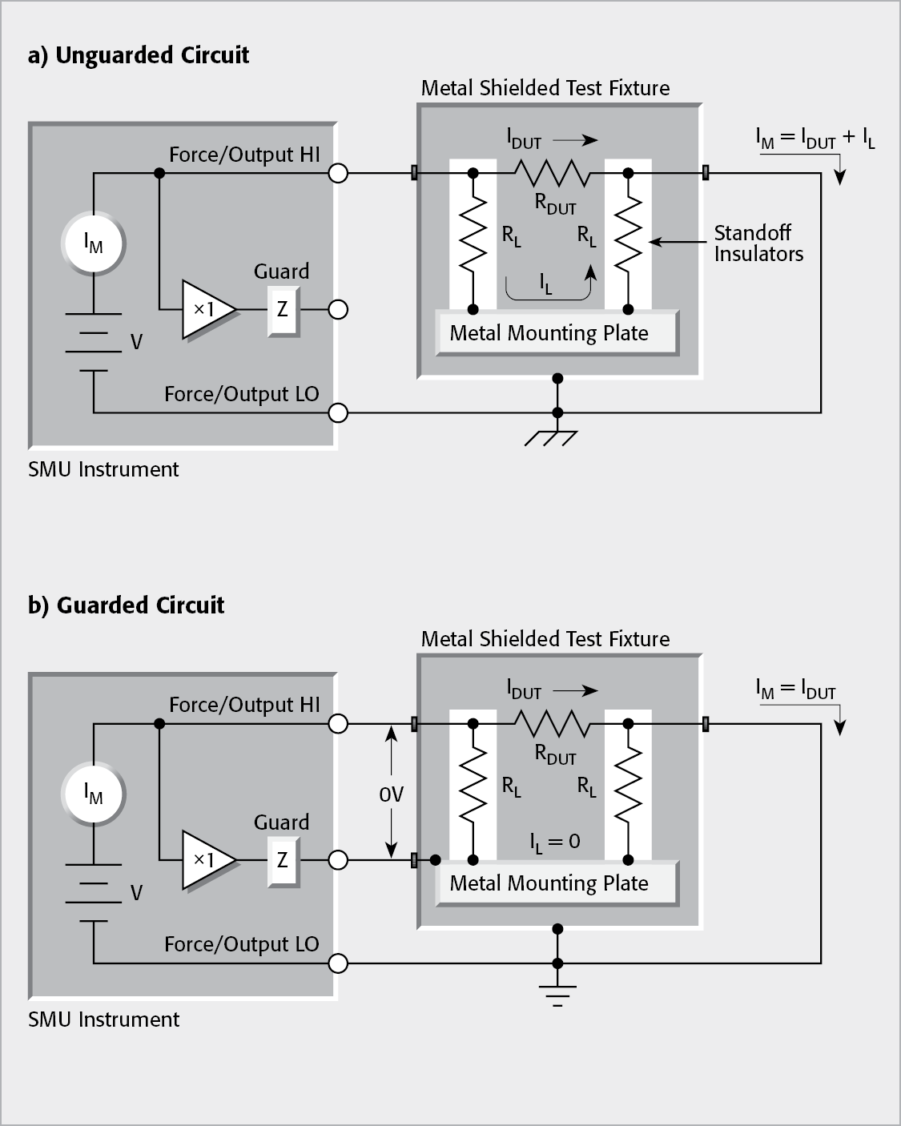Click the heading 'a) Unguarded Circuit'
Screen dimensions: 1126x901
(139, 55)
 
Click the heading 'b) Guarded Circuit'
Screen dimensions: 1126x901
(126, 605)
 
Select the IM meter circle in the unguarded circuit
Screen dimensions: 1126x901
(94, 244)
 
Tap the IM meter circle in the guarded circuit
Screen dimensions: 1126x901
(94, 794)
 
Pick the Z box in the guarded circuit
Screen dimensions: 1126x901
(282, 860)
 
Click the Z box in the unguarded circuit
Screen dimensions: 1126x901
(282, 309)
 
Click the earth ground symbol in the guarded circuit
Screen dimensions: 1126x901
(557, 992)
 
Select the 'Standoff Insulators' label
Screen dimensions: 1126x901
(758, 243)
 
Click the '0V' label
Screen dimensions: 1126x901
(391, 794)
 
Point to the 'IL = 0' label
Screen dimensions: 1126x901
(554, 841)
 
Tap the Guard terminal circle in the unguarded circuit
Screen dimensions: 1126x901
(339, 309)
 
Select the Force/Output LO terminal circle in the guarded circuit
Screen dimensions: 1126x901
(339, 963)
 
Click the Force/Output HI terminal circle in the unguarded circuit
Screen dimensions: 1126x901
(339, 172)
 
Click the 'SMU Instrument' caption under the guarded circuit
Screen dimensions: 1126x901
(103, 1019)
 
